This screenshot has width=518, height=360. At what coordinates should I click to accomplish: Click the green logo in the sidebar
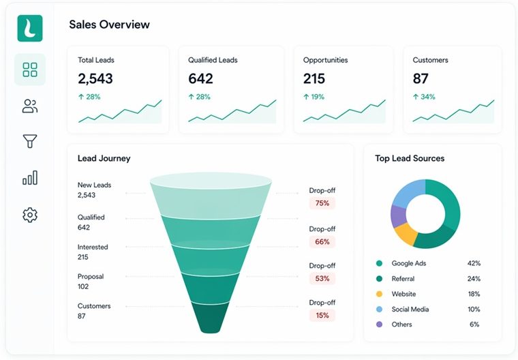(29, 28)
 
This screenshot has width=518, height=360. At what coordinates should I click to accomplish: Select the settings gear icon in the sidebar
(29, 215)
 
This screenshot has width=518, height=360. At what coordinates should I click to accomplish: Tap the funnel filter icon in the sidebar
(29, 142)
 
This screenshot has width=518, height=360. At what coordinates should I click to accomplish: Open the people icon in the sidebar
(29, 106)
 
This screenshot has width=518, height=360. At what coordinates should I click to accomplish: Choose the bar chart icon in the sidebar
(29, 179)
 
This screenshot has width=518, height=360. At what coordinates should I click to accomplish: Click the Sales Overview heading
(109, 25)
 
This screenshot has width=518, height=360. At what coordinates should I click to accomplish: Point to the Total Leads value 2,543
(95, 78)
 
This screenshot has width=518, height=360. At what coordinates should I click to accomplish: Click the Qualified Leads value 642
(201, 78)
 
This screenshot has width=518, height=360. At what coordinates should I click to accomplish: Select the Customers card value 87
(421, 78)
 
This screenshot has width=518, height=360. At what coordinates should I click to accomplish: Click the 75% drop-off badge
(322, 203)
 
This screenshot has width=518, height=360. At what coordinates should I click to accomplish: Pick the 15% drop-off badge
(322, 315)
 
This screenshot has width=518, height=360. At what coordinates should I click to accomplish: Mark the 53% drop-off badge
(322, 278)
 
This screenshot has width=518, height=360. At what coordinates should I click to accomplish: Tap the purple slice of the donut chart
(399, 216)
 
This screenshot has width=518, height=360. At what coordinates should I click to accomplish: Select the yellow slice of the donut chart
(406, 234)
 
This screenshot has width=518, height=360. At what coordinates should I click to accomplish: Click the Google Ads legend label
(408, 263)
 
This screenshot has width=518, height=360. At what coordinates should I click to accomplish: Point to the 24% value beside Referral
(474, 279)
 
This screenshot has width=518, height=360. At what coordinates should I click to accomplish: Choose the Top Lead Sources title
(410, 158)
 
